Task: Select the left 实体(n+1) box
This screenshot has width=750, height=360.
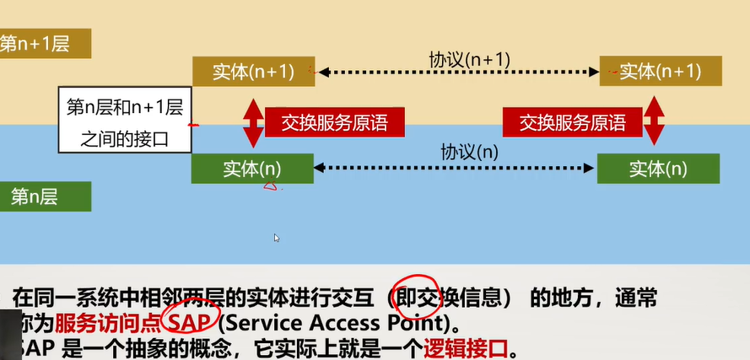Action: point(252,72)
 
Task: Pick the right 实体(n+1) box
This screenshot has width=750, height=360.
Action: point(660,72)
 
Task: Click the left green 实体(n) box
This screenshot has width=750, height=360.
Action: point(252,169)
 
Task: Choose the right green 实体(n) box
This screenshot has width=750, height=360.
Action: point(658,169)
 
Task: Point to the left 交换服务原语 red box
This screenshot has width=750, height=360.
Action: point(335,122)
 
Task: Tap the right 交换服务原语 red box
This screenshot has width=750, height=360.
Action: point(573,122)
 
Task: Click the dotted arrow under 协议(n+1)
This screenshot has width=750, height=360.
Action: point(456,73)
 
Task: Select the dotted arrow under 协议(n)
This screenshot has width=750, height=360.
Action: point(456,169)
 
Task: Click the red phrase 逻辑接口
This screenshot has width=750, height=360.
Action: point(467,347)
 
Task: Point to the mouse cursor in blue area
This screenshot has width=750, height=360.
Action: point(276,238)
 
